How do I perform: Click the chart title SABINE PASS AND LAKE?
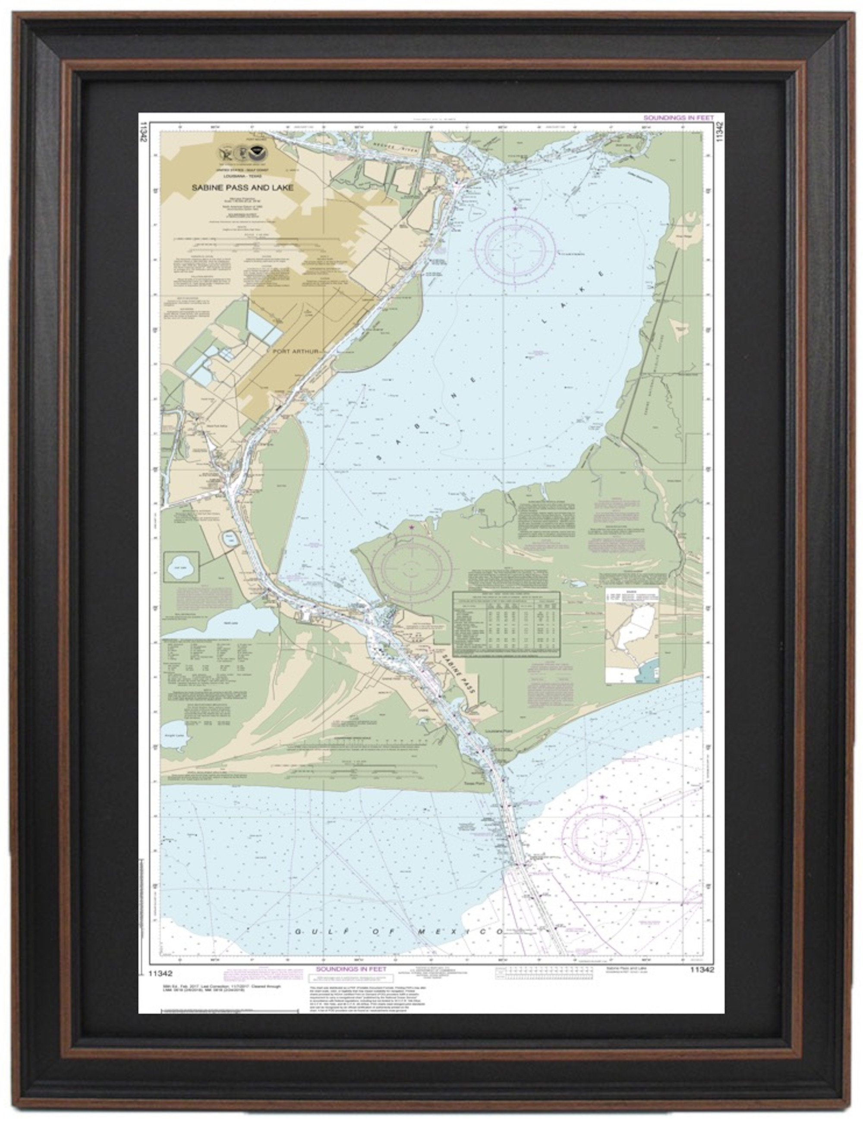click(243, 188)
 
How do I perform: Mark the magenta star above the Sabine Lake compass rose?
click(515, 208)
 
